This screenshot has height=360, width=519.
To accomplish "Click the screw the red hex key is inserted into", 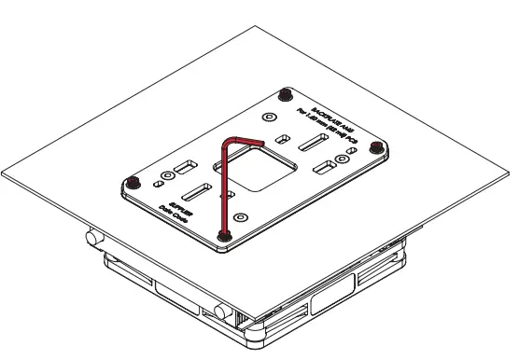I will (223, 235).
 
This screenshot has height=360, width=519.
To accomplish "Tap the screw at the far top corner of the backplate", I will (285, 92).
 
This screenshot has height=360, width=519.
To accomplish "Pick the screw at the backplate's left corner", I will (133, 179).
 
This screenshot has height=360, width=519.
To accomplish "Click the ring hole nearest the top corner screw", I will (270, 117).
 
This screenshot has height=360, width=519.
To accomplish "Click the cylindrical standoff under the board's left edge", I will (93, 237).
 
